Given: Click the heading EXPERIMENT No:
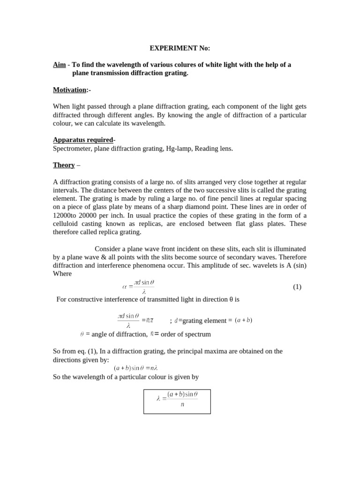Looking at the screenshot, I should pos(180,48).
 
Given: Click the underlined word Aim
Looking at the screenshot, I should pos(59,65).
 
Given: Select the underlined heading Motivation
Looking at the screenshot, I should pos(70,90).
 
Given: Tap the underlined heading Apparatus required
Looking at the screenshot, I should pos(83,140).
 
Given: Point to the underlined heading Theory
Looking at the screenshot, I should pos(64,165).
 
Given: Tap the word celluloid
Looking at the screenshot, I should pos(67,224).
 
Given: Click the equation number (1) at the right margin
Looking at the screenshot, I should pos(297,287).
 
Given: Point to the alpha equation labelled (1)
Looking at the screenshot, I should pos(138,287).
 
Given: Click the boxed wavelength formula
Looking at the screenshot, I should pos(177,401).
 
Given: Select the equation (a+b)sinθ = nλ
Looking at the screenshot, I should pos(135,368).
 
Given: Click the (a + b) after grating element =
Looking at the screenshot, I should pos(243,321).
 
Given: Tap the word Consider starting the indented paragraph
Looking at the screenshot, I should pos(108,249).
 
